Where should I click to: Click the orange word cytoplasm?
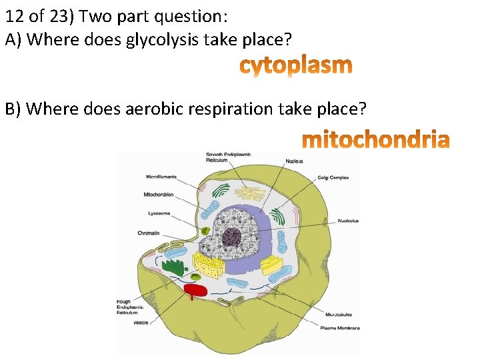coord(295,66)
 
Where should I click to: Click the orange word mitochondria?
coord(376,141)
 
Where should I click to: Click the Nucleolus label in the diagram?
coord(348,221)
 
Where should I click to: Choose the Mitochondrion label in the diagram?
coord(159,195)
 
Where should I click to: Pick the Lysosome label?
coord(159,213)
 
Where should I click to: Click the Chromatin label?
coord(148,233)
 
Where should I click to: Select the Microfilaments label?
coord(161,176)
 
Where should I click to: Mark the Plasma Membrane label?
coord(340,328)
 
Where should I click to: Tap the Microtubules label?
coord(339,315)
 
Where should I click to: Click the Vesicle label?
coord(141,323)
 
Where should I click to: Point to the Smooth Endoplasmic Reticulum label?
coord(228,157)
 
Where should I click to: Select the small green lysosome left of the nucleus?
coord(207,230)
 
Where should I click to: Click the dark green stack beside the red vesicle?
coord(175,267)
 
